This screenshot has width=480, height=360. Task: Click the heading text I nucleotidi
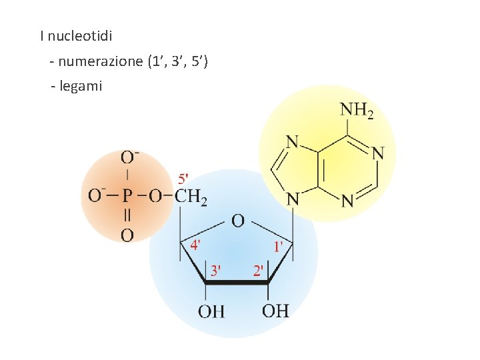75,35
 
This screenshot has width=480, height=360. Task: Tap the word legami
81,86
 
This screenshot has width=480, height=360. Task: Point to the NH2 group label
357,110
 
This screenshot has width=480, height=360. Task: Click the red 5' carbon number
184,179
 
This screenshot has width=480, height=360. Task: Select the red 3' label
217,271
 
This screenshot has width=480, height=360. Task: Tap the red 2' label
258,271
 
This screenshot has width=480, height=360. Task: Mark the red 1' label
279,246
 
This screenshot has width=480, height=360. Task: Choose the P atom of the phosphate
127,197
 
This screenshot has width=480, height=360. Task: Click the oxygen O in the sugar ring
237,221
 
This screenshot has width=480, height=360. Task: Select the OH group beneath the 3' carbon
211,311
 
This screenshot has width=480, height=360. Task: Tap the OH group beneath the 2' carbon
275,311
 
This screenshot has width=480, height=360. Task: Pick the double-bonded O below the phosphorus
127,235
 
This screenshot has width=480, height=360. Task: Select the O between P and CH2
155,197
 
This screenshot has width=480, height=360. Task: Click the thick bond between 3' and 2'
237,283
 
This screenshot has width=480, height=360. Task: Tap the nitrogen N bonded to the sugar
292,199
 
